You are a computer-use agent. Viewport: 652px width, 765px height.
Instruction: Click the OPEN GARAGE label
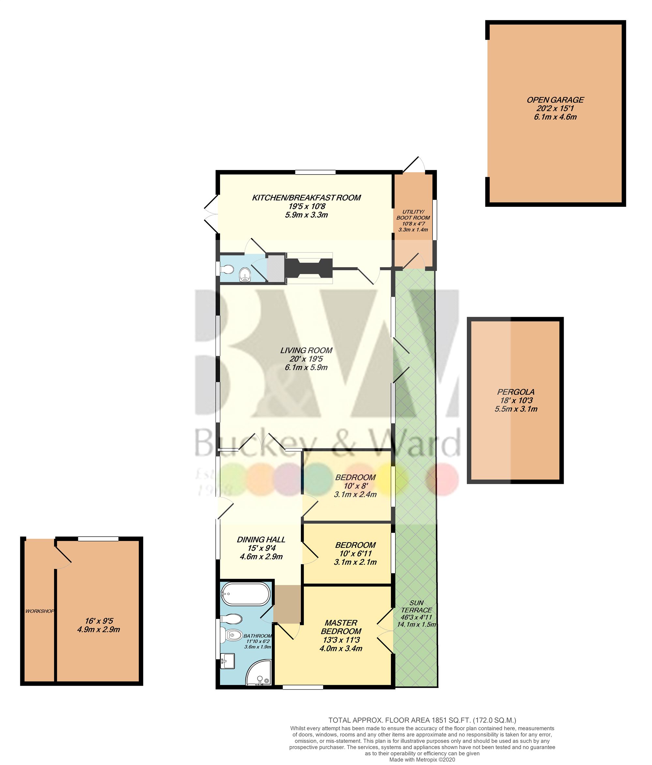[555, 100]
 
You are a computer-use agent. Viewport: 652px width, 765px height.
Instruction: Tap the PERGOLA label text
[515, 392]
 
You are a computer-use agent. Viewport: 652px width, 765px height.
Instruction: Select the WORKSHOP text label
[39, 611]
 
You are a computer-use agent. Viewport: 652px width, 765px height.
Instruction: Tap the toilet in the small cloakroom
[226, 270]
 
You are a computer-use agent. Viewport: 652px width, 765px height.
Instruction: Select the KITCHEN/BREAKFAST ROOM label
[306, 197]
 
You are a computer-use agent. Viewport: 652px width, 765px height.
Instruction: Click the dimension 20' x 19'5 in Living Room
[306, 359]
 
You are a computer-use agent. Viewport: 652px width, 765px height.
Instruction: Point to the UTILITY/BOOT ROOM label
[413, 215]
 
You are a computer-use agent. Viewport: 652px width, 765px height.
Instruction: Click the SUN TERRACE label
[416, 606]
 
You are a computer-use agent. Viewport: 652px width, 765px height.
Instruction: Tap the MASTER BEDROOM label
[341, 627]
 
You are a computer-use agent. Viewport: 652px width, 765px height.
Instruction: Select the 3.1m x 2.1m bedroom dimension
[355, 562]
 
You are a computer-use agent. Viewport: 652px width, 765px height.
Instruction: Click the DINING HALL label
[261, 539]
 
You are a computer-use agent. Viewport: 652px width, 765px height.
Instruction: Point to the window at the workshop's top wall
[98, 539]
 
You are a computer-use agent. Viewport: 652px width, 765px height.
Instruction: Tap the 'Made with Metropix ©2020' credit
[422, 759]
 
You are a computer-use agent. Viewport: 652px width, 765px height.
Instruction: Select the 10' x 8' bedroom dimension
[355, 485]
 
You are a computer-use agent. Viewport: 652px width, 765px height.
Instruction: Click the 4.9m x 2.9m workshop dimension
[98, 630]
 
